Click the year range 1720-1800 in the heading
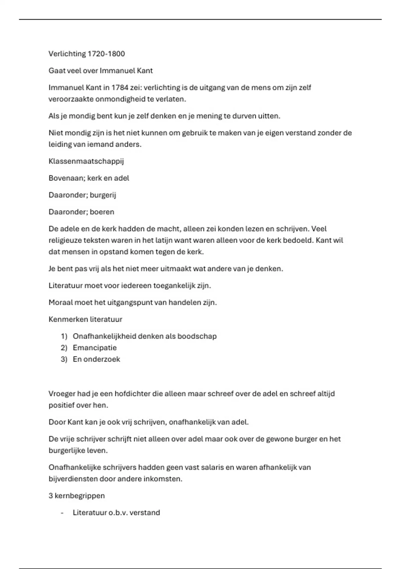point(106,54)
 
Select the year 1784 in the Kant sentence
point(119,88)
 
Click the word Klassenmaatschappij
point(86,161)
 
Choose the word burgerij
point(103,195)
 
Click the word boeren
point(102,212)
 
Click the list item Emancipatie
point(95,348)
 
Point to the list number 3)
point(64,359)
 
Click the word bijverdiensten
point(72,479)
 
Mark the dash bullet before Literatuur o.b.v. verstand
point(62,513)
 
